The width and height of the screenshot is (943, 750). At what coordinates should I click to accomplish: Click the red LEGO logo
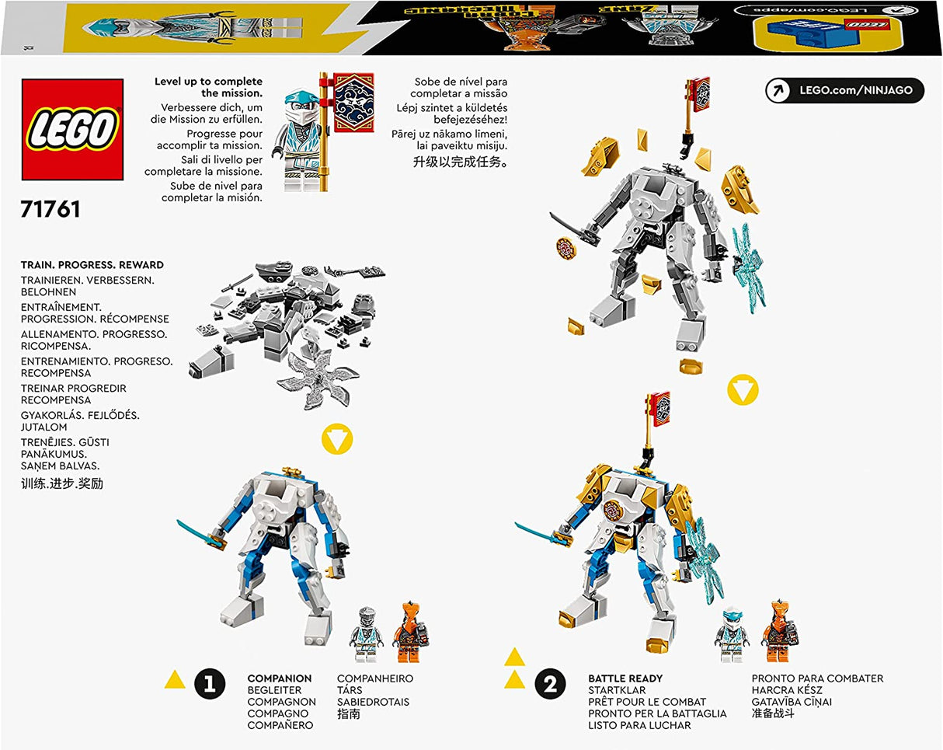pos(71,129)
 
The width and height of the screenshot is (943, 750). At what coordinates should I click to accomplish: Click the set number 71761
pos(50,210)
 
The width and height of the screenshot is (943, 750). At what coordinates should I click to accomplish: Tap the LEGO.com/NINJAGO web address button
pos(844,90)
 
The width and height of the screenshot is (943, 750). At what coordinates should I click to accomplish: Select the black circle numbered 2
pos(550,684)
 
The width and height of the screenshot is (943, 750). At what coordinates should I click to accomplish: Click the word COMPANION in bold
pos(280,678)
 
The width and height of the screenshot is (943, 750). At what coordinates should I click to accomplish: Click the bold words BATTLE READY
pos(625,678)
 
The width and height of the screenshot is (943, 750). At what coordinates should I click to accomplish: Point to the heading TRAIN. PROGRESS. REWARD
pos(92,265)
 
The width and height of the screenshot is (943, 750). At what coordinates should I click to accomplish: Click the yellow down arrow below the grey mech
pos(743,389)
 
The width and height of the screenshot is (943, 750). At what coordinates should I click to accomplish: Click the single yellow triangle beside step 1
pos(176,682)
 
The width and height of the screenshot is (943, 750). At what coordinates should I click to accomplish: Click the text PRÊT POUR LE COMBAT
pos(647,702)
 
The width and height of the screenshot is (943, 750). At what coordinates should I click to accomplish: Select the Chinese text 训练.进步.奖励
pos(62,483)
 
